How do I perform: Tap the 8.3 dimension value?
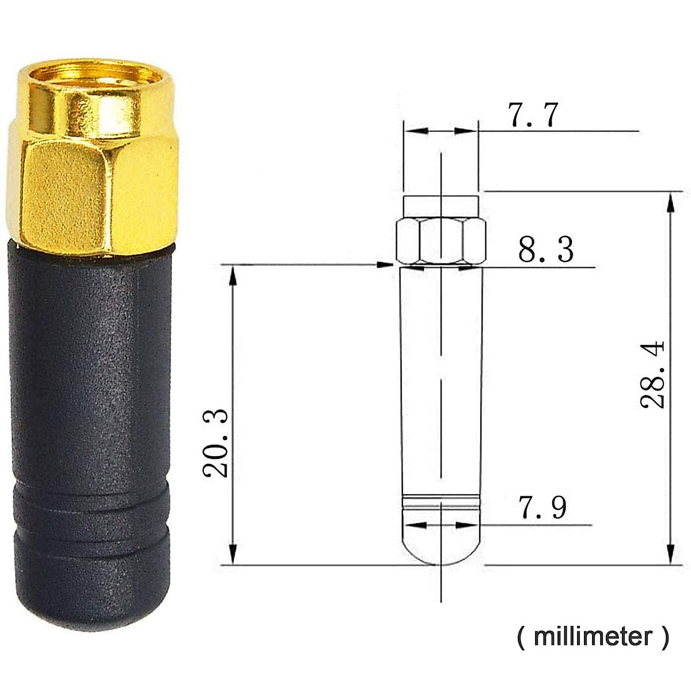click(545, 250)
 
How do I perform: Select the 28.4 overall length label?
click(652, 375)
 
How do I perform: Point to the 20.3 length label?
click(215, 443)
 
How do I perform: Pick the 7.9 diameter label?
click(542, 507)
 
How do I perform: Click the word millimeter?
click(593, 637)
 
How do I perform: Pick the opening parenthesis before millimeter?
click(521, 637)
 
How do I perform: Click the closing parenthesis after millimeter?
click(665, 637)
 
